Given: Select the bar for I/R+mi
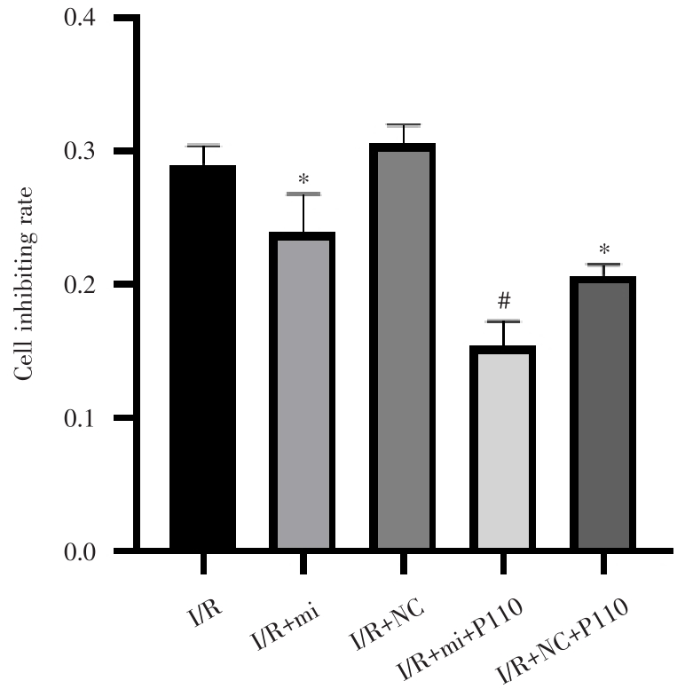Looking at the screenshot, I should (x=303, y=391).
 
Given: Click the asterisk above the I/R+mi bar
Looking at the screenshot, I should (x=303, y=180).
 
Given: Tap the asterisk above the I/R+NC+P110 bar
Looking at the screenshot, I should (x=602, y=249).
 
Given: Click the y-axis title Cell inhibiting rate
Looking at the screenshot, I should (x=28, y=285).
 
